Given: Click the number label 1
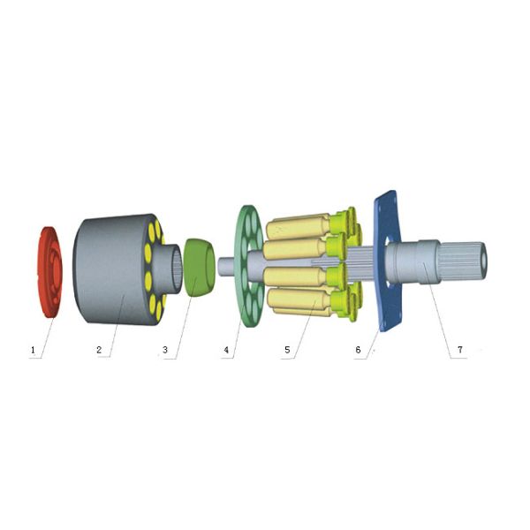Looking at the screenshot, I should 33,350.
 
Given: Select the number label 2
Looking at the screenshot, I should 100,350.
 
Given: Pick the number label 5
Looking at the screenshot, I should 287,350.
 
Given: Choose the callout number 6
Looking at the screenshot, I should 358,350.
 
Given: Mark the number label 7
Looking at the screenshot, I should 459,350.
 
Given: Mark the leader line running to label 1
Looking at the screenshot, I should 44,327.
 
